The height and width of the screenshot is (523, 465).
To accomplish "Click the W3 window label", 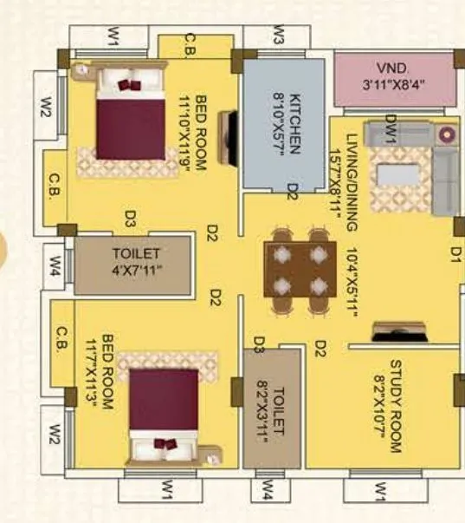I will pyautogui.click(x=279, y=36).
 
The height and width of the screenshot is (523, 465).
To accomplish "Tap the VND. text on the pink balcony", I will pyautogui.click(x=394, y=69).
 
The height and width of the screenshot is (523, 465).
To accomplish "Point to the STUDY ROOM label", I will pyautogui.click(x=396, y=407).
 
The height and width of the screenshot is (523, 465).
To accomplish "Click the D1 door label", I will pyautogui.click(x=455, y=253).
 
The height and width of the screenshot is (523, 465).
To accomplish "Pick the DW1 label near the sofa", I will pyautogui.click(x=391, y=129).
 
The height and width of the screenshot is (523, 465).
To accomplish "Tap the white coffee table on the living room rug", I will pyautogui.click(x=400, y=174).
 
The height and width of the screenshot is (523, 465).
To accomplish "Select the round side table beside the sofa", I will pyautogui.click(x=447, y=134).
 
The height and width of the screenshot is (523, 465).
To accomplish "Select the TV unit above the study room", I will pyautogui.click(x=397, y=332).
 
